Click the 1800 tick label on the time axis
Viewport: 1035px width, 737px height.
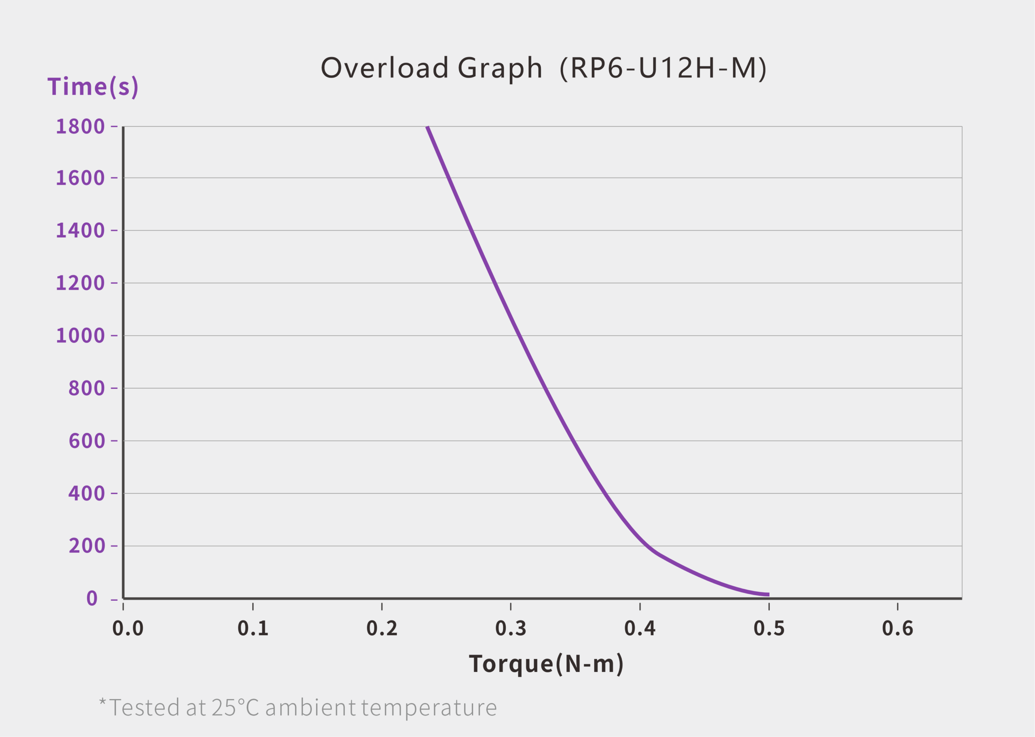pos(80,127)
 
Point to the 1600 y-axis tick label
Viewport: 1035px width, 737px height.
pos(80,178)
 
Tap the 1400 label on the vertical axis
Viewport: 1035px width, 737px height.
pos(80,230)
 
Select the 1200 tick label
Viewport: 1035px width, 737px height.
pos(80,283)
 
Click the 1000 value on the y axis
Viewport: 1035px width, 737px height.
pos(80,336)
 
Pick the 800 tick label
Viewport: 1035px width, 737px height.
pos(87,389)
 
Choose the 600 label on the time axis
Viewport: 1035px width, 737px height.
pos(87,441)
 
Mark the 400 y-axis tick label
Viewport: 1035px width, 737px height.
pos(87,493)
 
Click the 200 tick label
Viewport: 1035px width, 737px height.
pos(87,546)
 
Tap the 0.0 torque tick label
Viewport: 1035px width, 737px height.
pos(128,629)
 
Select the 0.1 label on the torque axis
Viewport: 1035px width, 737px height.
pos(253,629)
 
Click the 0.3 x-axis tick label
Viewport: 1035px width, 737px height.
pos(511,629)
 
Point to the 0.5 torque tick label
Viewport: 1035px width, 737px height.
pos(769,629)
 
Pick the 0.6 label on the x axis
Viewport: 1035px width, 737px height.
pos(898,629)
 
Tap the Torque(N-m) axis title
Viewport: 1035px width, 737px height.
pos(546,664)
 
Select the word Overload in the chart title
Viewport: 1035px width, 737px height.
pos(385,68)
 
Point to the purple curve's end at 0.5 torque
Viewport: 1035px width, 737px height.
pos(768,595)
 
